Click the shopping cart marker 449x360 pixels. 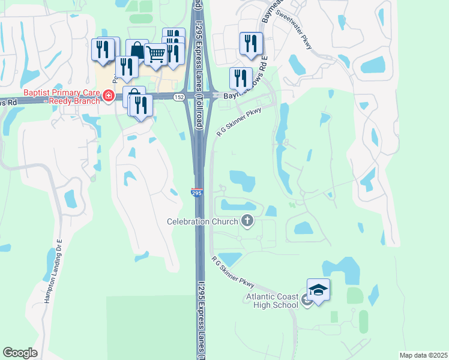pyautogui.click(x=156, y=54)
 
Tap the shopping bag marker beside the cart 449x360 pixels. pyautogui.click(x=137, y=50)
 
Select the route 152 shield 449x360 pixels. pyautogui.click(x=179, y=97)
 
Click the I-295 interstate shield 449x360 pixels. pyautogui.click(x=197, y=192)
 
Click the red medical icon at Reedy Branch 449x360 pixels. pyautogui.click(x=108, y=96)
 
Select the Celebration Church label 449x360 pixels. pyautogui.click(x=203, y=222)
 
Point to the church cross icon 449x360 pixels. pyautogui.click(x=247, y=221)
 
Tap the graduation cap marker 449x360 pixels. pyautogui.click(x=318, y=290)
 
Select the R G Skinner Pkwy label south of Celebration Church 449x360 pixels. pyautogui.click(x=233, y=272)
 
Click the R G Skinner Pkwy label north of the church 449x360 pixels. pyautogui.click(x=239, y=122)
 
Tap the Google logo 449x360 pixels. pyautogui.click(x=20, y=353)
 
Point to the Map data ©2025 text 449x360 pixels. pyautogui.click(x=423, y=355)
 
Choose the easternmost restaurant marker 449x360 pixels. pyautogui.click(x=251, y=43)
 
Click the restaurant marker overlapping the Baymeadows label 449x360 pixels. pyautogui.click(x=240, y=78)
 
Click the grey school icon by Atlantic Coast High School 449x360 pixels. pyautogui.click(x=307, y=301)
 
